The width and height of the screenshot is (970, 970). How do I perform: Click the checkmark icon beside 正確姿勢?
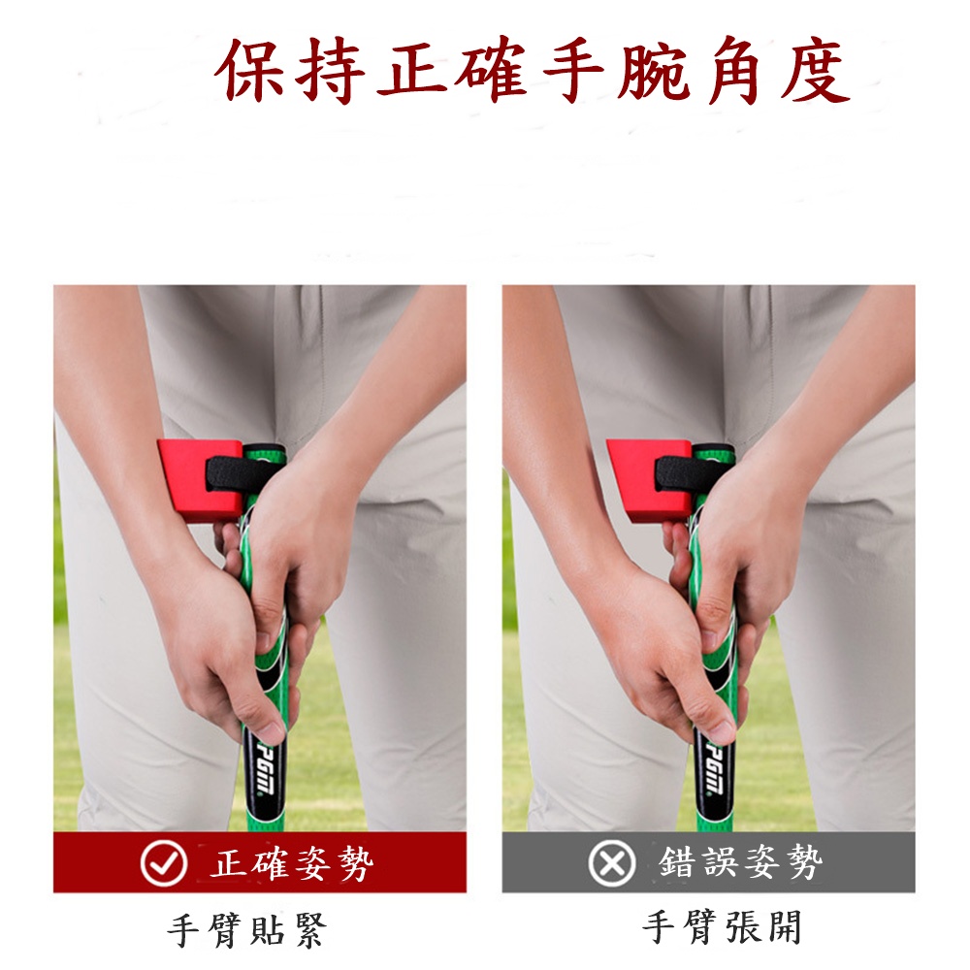tap(163, 863)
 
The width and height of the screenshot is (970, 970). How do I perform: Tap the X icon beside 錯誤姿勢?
tap(612, 863)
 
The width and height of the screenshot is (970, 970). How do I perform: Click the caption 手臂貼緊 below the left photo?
tap(246, 930)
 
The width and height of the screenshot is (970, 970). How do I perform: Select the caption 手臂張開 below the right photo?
tap(722, 926)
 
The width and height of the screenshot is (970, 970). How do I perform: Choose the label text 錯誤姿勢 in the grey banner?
tap(740, 861)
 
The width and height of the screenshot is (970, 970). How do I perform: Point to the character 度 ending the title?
tap(815, 69)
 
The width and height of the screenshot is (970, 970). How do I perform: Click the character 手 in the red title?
tap(573, 69)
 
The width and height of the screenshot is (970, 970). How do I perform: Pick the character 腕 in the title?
tap(654, 69)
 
